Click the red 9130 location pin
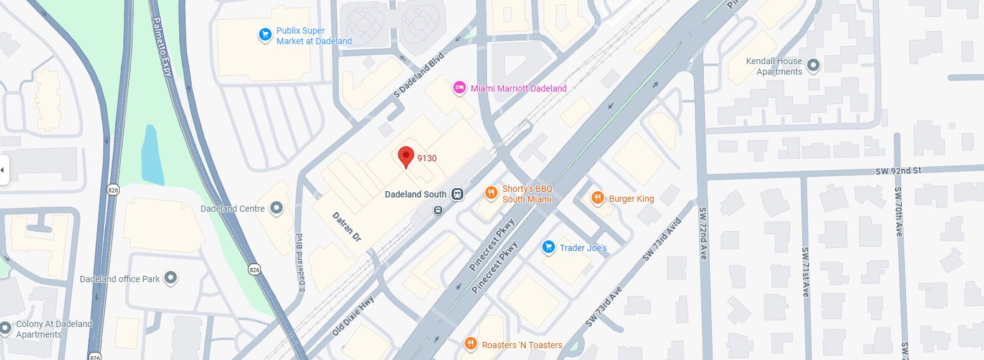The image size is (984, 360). tap(406, 156)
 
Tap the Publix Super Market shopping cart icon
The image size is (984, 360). tap(265, 35)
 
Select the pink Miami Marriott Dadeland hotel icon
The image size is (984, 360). tap(459, 88)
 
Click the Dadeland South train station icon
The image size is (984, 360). tap(458, 194)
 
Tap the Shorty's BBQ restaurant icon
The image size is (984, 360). tap(491, 193)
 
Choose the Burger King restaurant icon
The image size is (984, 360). tap(597, 199)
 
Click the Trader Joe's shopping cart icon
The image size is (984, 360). tap(548, 247)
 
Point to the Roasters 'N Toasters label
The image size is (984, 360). tap(522, 344)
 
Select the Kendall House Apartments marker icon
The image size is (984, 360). tap(813, 65)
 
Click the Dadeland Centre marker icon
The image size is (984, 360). tap(276, 208)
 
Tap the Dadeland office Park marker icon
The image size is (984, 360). tap(171, 278)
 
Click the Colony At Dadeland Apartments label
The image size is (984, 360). tap(54, 329)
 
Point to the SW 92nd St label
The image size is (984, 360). tap(897, 171)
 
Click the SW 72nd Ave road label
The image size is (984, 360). tap(703, 233)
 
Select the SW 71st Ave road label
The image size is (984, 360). tap(805, 272)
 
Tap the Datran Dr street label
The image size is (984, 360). tap(346, 227)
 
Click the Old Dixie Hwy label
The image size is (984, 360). tap(353, 316)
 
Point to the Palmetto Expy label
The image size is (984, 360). tap(162, 47)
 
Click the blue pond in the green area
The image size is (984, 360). tap(152, 156)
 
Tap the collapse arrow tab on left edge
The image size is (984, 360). tap(4, 169)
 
